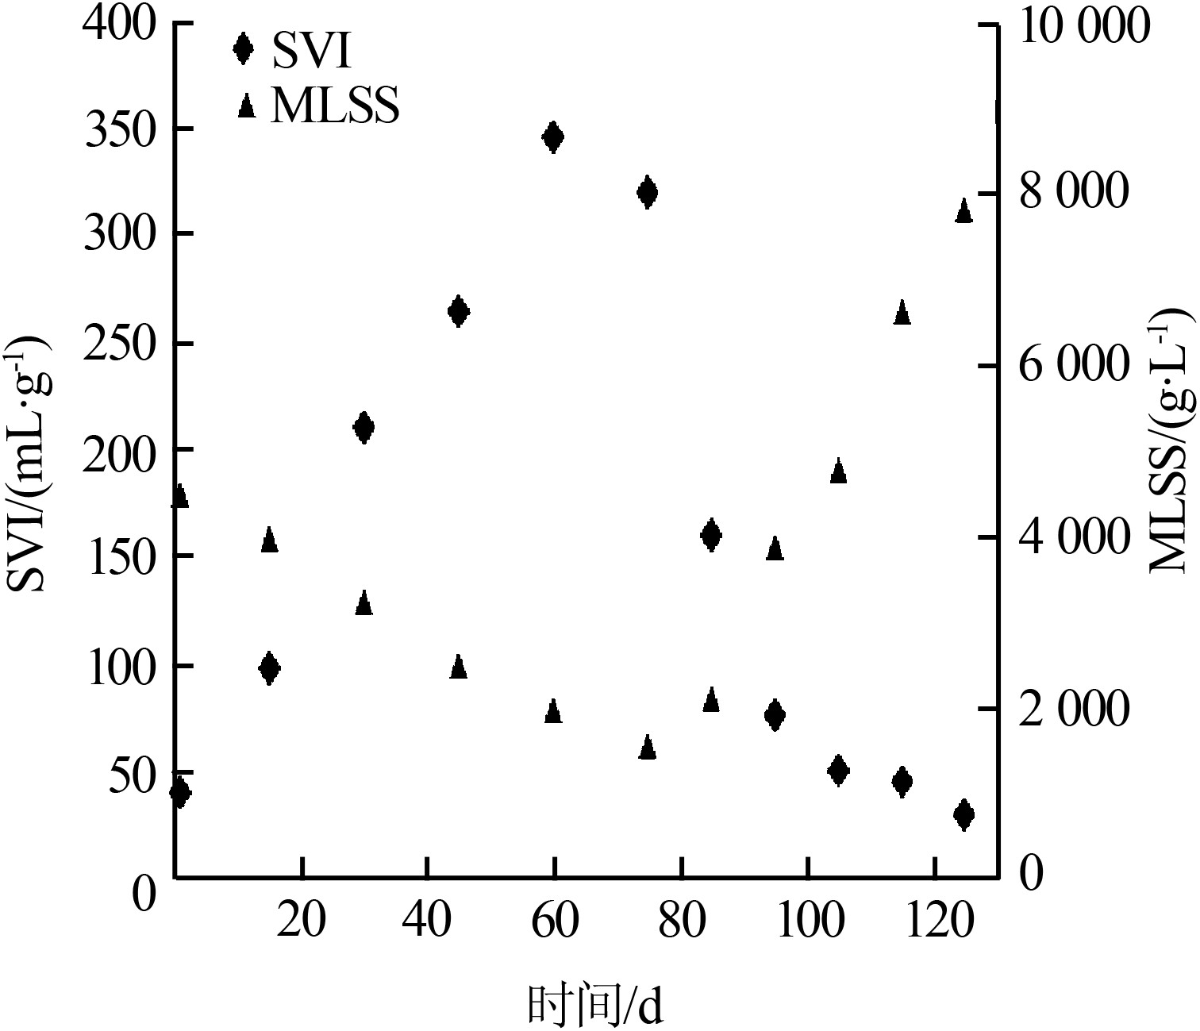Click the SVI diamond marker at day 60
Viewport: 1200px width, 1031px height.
553,137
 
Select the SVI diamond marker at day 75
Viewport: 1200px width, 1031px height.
647,192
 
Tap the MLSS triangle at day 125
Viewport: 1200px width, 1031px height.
964,211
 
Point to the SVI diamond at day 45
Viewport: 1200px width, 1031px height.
458,311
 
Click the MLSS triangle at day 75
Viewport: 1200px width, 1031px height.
647,748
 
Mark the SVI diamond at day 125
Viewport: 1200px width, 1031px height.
964,814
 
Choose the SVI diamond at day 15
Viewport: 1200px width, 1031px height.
269,668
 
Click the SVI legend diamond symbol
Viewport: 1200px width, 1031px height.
243,48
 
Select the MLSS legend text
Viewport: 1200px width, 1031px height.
334,106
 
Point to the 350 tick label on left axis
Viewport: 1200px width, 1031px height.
117,129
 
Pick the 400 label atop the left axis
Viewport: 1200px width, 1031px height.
117,25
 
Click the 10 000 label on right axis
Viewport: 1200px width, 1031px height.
1084,26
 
